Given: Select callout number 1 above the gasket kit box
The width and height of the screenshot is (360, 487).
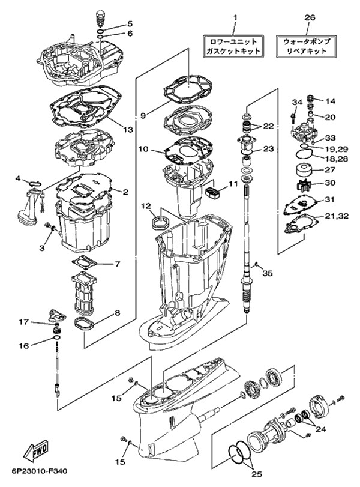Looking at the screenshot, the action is [x=235, y=17].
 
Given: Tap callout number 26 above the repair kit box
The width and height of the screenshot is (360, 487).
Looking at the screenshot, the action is [x=310, y=17].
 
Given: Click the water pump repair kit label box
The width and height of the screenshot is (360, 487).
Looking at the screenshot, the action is [x=307, y=46].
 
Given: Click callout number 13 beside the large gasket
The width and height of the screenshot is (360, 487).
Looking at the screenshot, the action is [x=128, y=129].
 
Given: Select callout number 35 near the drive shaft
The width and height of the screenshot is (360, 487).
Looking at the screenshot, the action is [x=268, y=273].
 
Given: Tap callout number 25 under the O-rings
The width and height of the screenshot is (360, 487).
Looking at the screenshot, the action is [x=257, y=474].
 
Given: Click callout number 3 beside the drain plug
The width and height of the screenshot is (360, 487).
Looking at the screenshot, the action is [x=42, y=247].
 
